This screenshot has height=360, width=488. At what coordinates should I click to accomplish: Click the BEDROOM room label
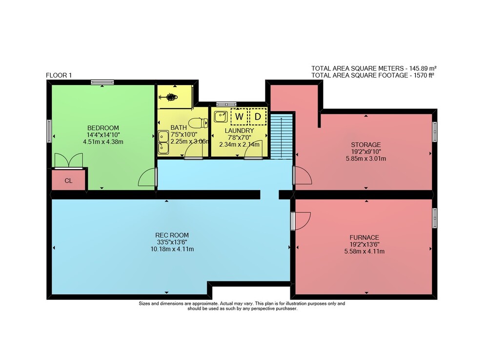pyautogui.click(x=103, y=128)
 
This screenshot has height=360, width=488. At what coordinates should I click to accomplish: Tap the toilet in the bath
pyautogui.click(x=198, y=123)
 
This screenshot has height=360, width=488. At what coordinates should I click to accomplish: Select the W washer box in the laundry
pyautogui.click(x=239, y=116)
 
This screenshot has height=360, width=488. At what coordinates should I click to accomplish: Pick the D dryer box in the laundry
pyautogui.click(x=258, y=116)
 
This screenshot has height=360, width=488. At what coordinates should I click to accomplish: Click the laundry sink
pyautogui.click(x=221, y=116)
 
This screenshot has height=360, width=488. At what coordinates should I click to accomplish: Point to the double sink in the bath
pyautogui.click(x=163, y=142)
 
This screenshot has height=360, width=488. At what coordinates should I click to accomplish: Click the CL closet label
pyautogui.click(x=68, y=181)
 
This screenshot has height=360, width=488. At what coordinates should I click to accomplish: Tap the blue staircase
pyautogui.click(x=282, y=136)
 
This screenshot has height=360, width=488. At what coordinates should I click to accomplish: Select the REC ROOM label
pyautogui.click(x=172, y=235)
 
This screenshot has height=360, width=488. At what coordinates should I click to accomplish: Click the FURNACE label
pyautogui.click(x=364, y=237)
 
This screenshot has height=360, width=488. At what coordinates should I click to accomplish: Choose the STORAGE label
pyautogui.click(x=366, y=145)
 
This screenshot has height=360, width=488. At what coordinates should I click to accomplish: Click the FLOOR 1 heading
pyautogui.click(x=59, y=75)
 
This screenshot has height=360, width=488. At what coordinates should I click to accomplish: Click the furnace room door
pyautogui.click(x=301, y=221)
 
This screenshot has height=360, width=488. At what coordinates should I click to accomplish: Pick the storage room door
pyautogui.click(x=302, y=175)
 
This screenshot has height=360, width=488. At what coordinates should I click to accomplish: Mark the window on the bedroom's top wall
pyautogui.click(x=102, y=83)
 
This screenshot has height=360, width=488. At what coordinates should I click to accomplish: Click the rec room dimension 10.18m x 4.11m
pyautogui.click(x=172, y=249)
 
